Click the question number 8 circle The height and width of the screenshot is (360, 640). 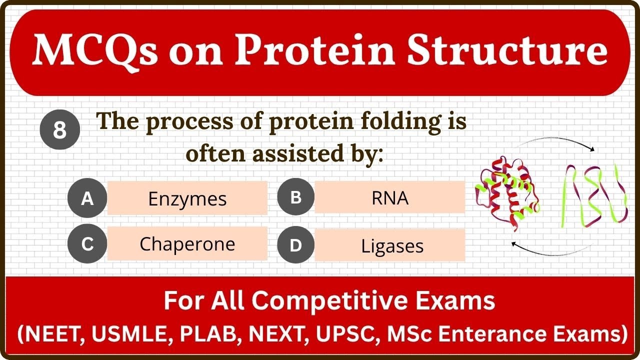60,130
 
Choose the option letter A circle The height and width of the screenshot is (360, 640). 87,198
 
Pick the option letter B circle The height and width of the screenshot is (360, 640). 296,197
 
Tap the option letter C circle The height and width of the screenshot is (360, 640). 87,244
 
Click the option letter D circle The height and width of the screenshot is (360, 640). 296,245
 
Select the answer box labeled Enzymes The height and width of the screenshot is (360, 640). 187,198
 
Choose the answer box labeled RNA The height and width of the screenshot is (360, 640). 390,197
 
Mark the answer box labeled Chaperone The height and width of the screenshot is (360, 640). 187,244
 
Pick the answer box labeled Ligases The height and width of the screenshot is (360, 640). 390,245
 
